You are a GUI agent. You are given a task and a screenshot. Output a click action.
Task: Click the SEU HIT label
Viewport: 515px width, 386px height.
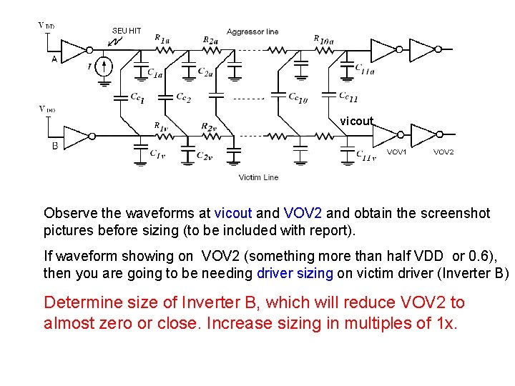tap(127, 30)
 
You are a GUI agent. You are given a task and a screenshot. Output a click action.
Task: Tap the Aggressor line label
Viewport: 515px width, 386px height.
tap(252, 31)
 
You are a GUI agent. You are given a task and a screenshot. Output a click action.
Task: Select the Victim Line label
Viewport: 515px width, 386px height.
tap(258, 177)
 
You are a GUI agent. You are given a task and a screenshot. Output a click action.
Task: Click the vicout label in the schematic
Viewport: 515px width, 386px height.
tap(356, 121)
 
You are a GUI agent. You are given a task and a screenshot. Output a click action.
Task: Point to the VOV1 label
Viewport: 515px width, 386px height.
tap(397, 152)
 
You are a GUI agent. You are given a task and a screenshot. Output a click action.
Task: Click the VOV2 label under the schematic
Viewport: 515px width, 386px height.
tap(443, 152)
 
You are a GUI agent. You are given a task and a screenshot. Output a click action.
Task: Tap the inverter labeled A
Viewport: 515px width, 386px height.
tap(74, 49)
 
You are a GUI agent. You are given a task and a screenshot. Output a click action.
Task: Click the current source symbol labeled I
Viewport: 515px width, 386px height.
tap(104, 66)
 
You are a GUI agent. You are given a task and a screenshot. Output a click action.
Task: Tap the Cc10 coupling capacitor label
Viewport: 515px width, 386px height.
tap(298, 98)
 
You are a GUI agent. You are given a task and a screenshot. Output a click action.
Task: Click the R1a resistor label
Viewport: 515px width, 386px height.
tap(162, 40)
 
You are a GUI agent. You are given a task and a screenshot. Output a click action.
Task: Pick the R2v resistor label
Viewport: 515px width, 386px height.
tap(209, 127)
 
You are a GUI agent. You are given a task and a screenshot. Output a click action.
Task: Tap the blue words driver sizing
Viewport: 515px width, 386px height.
tap(294, 274)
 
